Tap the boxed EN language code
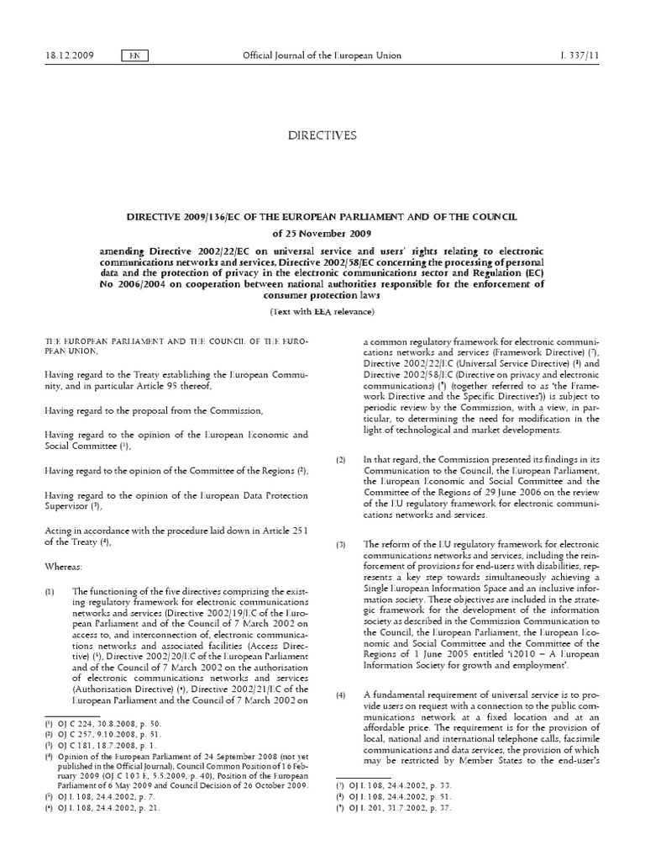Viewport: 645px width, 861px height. coord(133,55)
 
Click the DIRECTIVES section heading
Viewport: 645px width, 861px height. coord(322,135)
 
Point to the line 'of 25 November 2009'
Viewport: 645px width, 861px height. coord(322,232)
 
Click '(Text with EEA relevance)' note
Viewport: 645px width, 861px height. coord(322,311)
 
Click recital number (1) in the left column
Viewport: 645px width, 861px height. coord(50,592)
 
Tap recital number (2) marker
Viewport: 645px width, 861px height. coord(341,460)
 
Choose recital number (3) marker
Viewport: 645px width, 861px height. coord(341,545)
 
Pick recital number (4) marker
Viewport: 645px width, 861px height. coord(341,695)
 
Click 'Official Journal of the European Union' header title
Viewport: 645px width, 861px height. coord(322,55)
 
